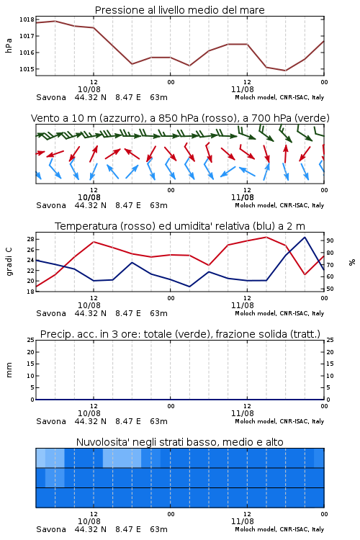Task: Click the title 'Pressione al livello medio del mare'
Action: pyautogui.click(x=180, y=10)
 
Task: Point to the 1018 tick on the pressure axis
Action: pyautogui.click(x=27, y=19)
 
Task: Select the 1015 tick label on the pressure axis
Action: pyautogui.click(x=27, y=69)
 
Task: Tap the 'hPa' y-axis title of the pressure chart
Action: pyautogui.click(x=9, y=45)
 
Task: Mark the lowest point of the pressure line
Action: pyautogui.click(x=285, y=71)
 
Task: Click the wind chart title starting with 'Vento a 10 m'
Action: pyautogui.click(x=180, y=118)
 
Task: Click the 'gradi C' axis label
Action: pyautogui.click(x=9, y=262)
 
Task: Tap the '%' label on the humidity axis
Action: pyautogui.click(x=352, y=262)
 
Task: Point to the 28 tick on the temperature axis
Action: pyautogui.click(x=30, y=239)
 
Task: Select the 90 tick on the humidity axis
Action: pyautogui.click(x=330, y=240)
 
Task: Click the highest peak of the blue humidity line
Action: pyautogui.click(x=305, y=238)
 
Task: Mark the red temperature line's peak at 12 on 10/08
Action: pyautogui.click(x=94, y=242)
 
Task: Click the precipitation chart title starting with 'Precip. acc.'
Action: pyautogui.click(x=180, y=334)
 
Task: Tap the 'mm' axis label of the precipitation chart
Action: pyautogui.click(x=9, y=370)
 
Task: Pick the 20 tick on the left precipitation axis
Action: pyautogui.click(x=31, y=352)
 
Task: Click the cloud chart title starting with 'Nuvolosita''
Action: pyautogui.click(x=180, y=442)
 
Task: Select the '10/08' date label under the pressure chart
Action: pyautogui.click(x=89, y=89)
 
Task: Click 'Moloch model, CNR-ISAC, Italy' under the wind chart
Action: pyautogui.click(x=279, y=205)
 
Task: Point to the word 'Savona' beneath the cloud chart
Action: pyautogui.click(x=51, y=529)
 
